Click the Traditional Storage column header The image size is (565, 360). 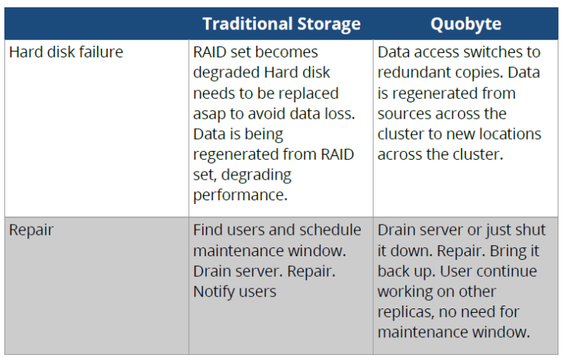coord(281,24)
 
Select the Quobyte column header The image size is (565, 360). coord(466,24)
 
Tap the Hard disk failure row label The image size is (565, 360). coord(66,52)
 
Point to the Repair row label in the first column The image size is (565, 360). coord(32,230)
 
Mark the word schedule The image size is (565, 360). coord(331,230)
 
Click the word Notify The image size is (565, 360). coord(215,292)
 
